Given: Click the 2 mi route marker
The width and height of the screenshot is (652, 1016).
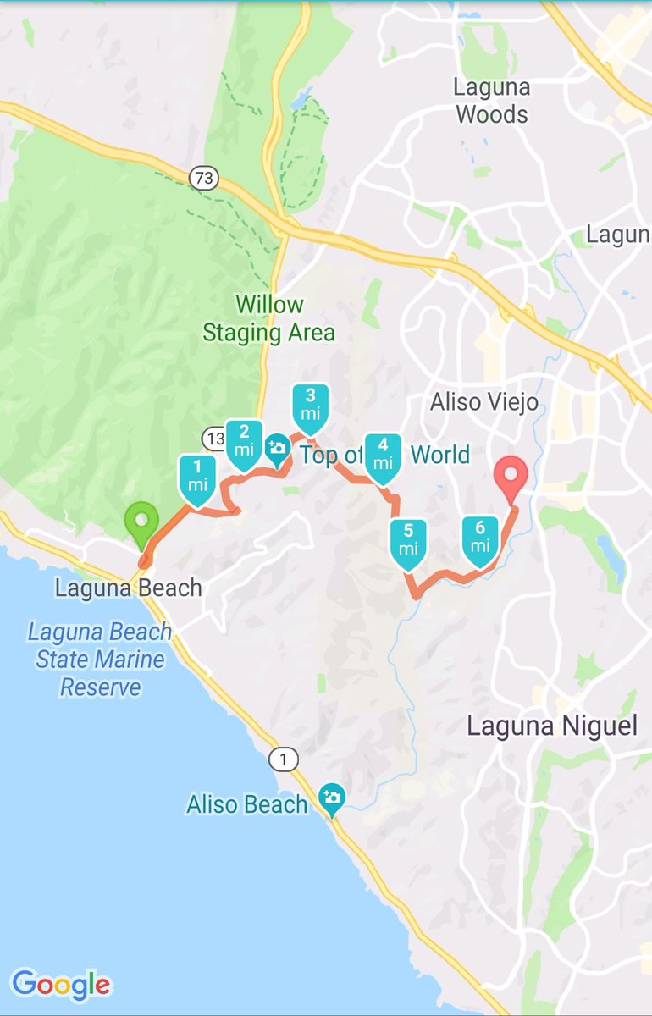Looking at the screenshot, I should pos(245,444).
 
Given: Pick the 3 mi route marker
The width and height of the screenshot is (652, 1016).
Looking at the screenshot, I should pos(310,408).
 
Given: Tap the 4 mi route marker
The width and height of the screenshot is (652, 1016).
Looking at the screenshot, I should pos(383,458).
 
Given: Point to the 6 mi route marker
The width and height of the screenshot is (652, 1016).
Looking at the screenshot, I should pos(480,540).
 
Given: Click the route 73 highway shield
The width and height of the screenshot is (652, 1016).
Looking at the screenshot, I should pos(204,178).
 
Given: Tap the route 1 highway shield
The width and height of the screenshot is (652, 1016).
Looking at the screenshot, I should pos(284,759).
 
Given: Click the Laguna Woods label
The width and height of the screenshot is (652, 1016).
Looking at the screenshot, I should pos(492,101).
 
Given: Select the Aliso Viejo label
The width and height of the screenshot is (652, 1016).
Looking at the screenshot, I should pos(483,402).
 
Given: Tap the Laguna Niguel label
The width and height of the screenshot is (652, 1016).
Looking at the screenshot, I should pos(552,726).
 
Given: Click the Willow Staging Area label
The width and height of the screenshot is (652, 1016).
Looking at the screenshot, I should pos(269,318).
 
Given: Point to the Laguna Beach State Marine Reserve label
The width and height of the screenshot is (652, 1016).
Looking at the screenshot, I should pos(100,659).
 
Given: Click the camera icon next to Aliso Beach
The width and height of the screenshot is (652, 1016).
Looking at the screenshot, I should pos(331,798).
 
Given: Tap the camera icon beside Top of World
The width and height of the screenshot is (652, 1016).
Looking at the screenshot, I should pos(277,449).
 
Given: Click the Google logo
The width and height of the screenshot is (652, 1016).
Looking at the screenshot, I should pos(61,985).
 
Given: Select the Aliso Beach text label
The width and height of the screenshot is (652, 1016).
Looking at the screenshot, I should pos(247,803).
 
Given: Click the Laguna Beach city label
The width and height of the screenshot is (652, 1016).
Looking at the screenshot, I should pos(128,588).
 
